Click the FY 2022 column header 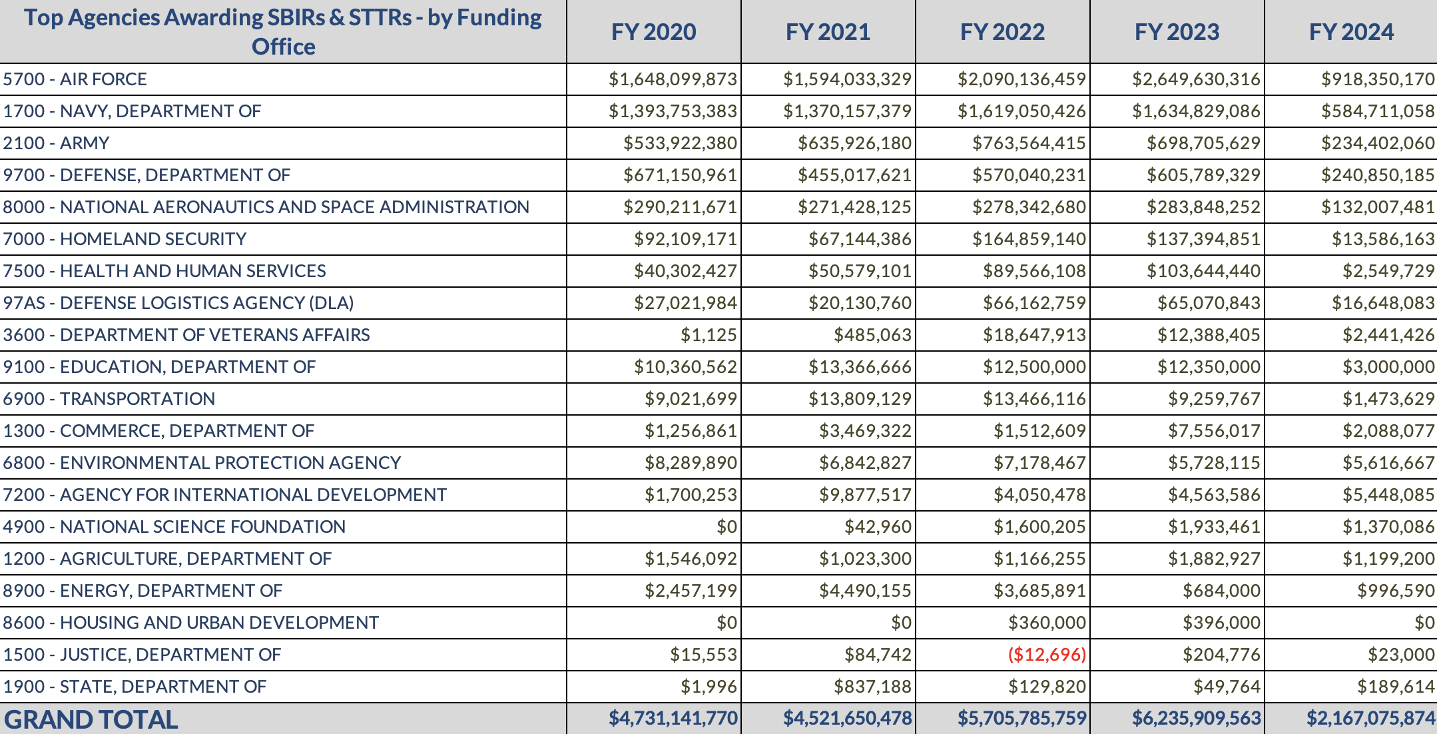point(1002,32)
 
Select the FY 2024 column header point(1351,32)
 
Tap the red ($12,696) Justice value point(1047,655)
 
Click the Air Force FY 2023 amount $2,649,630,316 point(1196,79)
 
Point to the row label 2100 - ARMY point(56,143)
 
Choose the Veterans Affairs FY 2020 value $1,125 point(709,335)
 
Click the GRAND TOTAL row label point(91,719)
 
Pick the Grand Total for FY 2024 point(1370,718)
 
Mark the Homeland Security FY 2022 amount point(1029,239)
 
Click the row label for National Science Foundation point(174,527)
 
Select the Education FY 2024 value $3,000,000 point(1388,367)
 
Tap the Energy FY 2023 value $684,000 point(1221,591)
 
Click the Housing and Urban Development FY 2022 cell point(1047,623)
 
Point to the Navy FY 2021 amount point(847,111)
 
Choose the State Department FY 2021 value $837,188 point(872,687)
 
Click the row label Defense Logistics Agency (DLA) point(178,303)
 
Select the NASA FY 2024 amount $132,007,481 point(1378,207)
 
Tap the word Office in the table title point(283,47)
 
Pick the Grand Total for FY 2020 point(673,718)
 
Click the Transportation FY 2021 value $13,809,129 point(860,399)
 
